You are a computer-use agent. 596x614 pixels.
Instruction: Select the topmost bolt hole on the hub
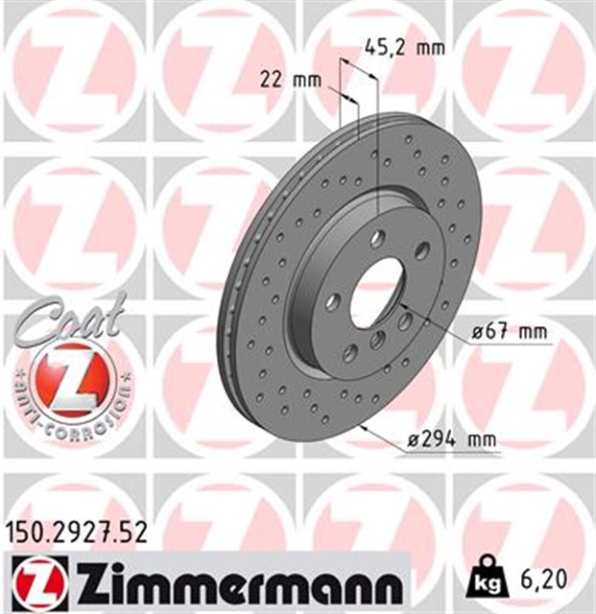click(x=378, y=238)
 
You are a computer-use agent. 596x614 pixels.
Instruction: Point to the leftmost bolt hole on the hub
click(x=332, y=301)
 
